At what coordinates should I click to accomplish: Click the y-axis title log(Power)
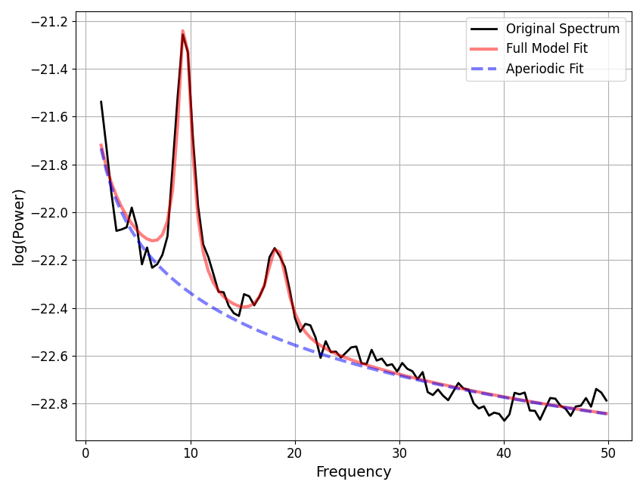tap(19, 227)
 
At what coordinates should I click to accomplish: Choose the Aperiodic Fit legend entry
tap(544, 69)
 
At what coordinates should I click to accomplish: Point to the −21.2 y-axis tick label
tap(49, 21)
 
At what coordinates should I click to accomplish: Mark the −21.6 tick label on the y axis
tap(49, 117)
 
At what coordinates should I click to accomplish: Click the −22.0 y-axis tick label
tap(49, 213)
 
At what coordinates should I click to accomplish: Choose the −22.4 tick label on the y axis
tap(49, 308)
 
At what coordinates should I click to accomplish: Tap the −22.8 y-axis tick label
tap(49, 404)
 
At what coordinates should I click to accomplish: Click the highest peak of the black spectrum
tap(182, 34)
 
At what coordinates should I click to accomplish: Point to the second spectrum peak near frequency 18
tap(275, 248)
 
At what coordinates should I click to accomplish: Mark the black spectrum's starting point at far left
tap(101, 102)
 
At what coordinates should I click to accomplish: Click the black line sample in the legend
tap(484, 29)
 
